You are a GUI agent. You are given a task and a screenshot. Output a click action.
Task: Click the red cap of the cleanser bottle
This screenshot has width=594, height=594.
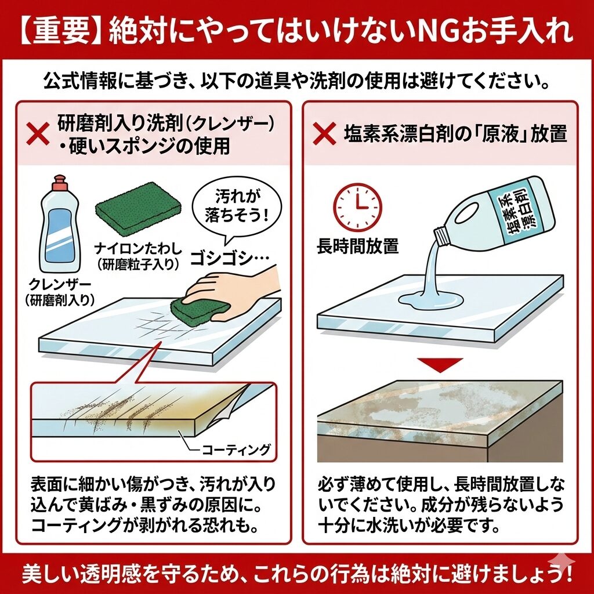pyautogui.click(x=60, y=184)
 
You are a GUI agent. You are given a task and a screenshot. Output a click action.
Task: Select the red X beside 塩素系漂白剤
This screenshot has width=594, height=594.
pyautogui.click(x=325, y=134)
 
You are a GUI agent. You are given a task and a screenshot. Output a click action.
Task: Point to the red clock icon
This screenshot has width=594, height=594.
pyautogui.click(x=358, y=207)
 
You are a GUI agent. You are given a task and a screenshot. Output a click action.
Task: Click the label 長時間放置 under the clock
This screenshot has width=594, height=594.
pyautogui.click(x=358, y=246)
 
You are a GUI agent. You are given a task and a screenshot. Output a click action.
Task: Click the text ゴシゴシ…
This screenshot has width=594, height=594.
pyautogui.click(x=230, y=259)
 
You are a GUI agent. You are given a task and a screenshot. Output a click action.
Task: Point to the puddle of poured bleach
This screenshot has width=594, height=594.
pyautogui.click(x=431, y=300)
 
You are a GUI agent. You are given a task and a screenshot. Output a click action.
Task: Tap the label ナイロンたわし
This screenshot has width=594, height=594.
pyautogui.click(x=138, y=248)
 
